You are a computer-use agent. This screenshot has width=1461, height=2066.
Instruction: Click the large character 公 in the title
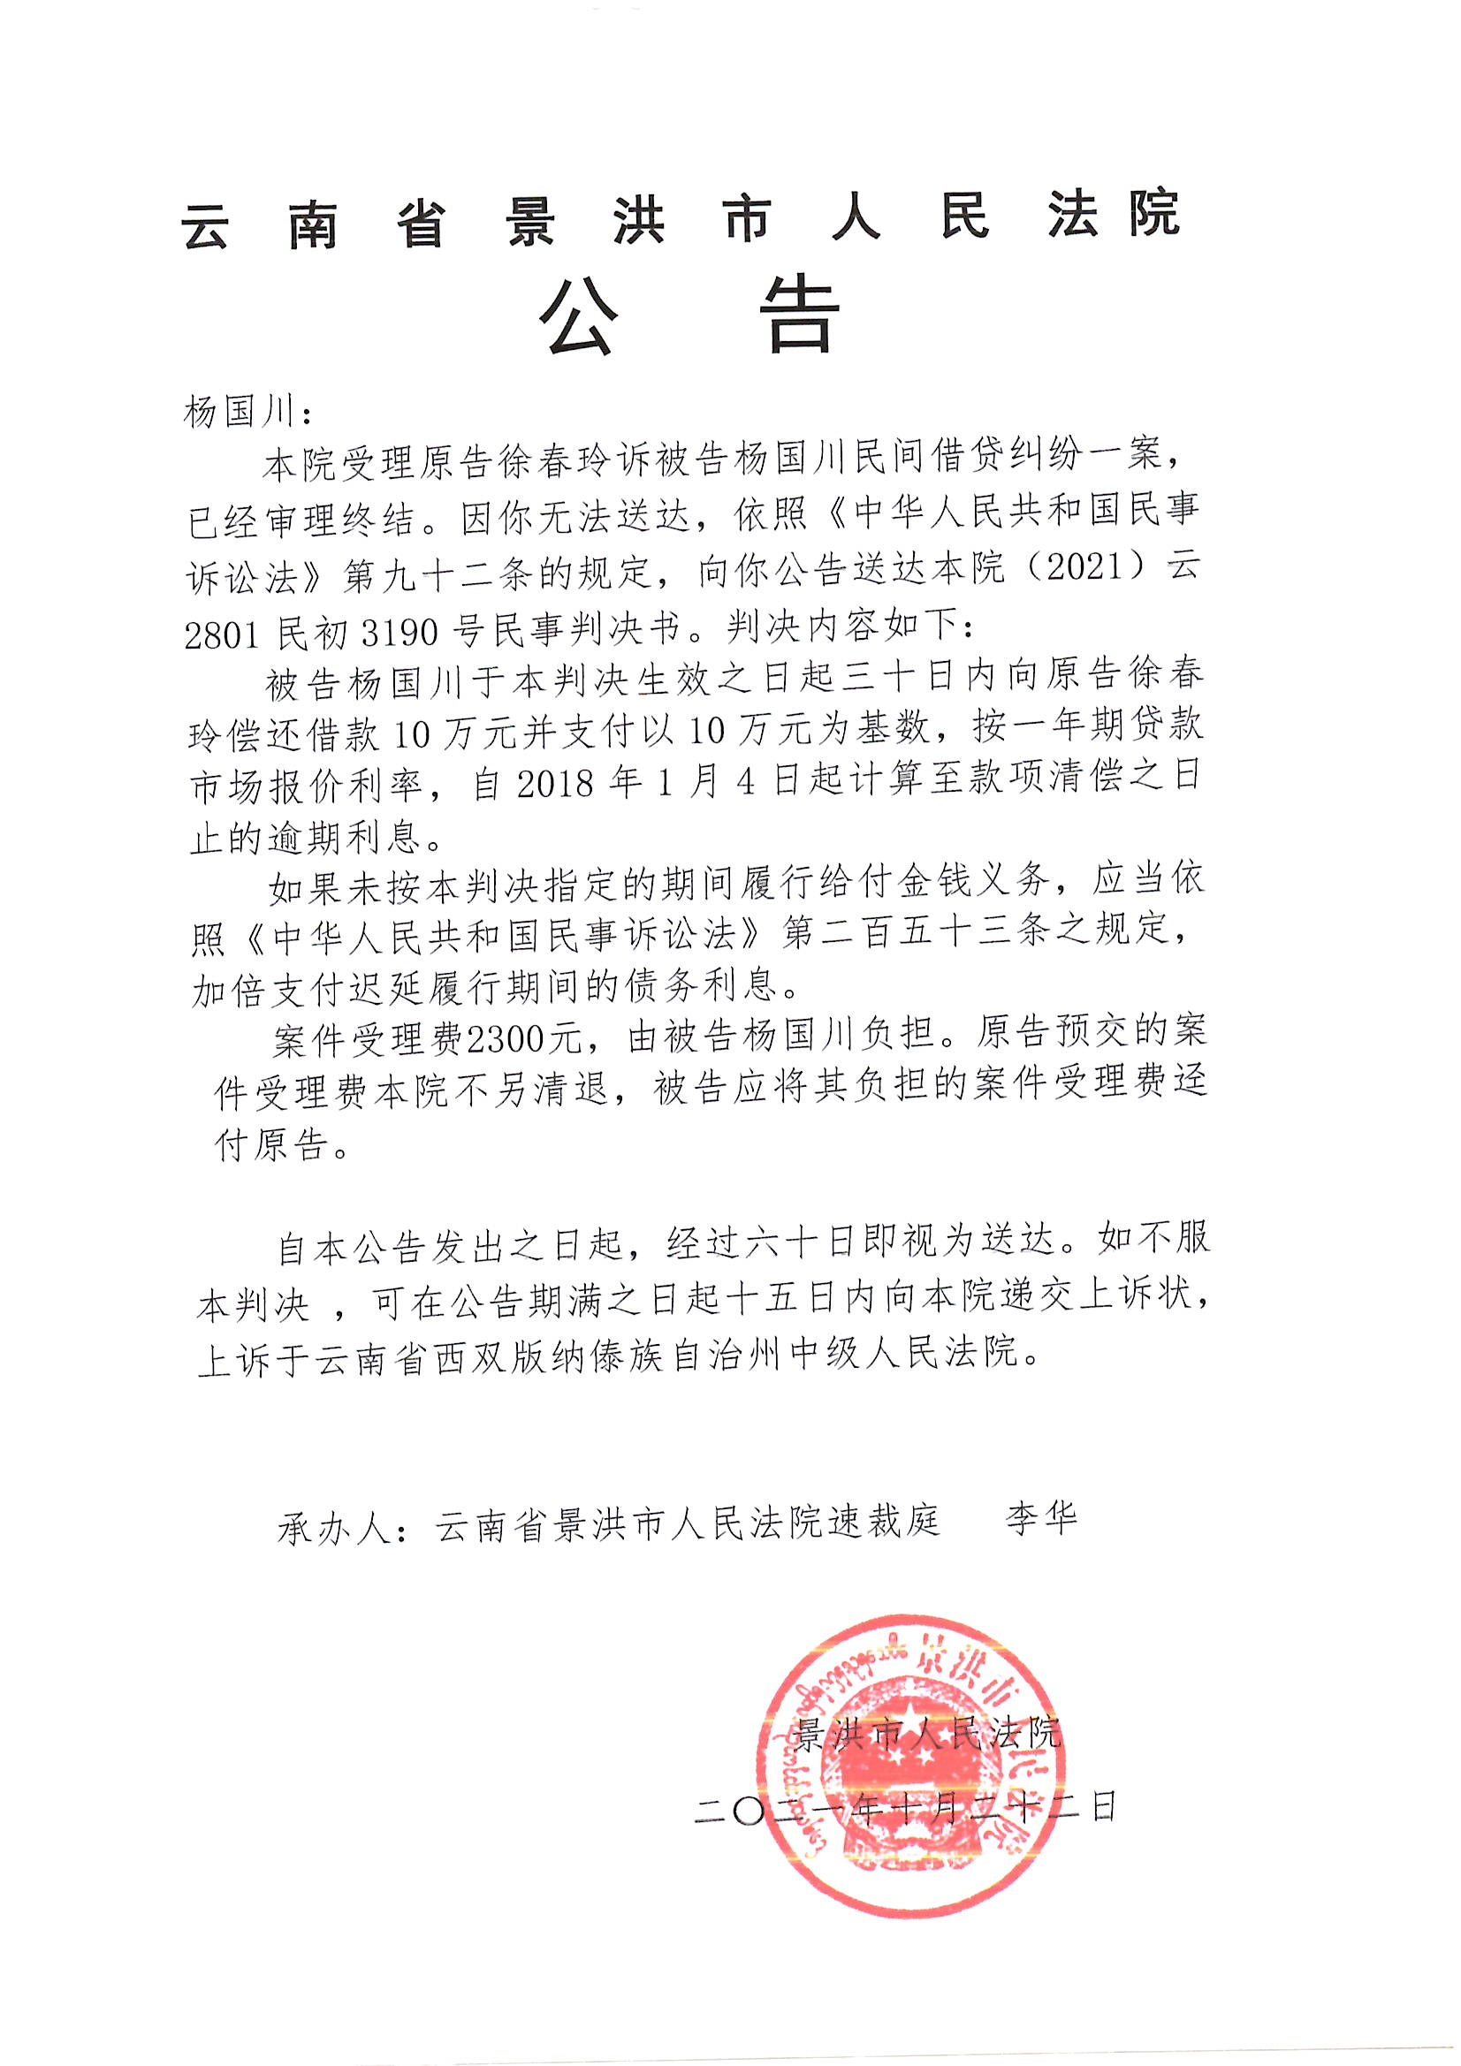(580, 316)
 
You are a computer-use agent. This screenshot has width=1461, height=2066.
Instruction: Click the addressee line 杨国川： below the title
(247, 413)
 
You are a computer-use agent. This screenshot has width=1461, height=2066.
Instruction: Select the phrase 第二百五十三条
(913, 933)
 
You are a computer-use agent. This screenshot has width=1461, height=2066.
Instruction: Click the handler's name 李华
(1040, 1519)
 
